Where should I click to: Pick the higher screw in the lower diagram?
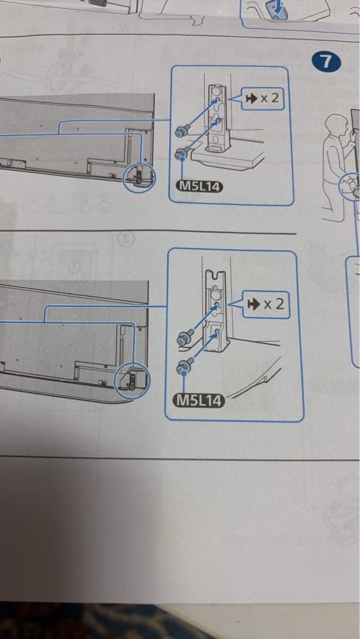click(x=183, y=339)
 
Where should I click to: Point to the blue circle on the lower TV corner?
click(x=133, y=380)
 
